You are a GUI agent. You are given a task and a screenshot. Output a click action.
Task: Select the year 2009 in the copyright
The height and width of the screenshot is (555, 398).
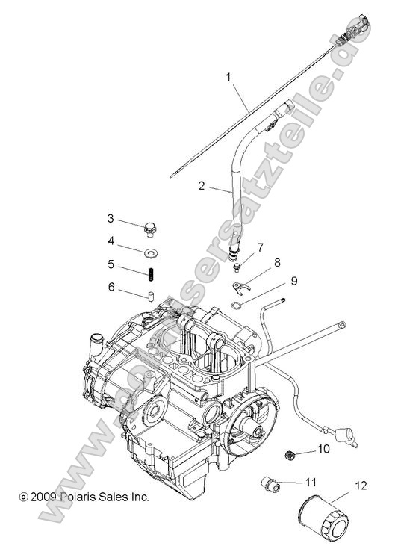click(x=42, y=496)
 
